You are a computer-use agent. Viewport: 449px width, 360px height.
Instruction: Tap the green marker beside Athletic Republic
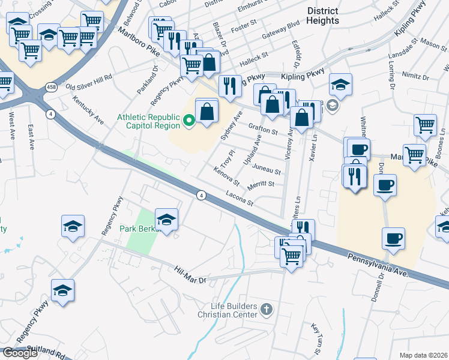[x=189, y=121]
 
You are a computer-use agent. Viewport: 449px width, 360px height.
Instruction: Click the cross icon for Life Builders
[x=267, y=310]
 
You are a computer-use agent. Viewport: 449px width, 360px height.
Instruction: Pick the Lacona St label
[x=240, y=198]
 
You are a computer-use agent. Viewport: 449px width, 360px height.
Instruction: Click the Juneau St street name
[x=267, y=170]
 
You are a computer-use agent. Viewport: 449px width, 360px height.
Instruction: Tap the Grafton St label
[x=262, y=127]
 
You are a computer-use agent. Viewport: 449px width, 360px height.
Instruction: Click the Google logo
[x=20, y=353]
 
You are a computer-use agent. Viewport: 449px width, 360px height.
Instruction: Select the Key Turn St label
[x=316, y=338]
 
